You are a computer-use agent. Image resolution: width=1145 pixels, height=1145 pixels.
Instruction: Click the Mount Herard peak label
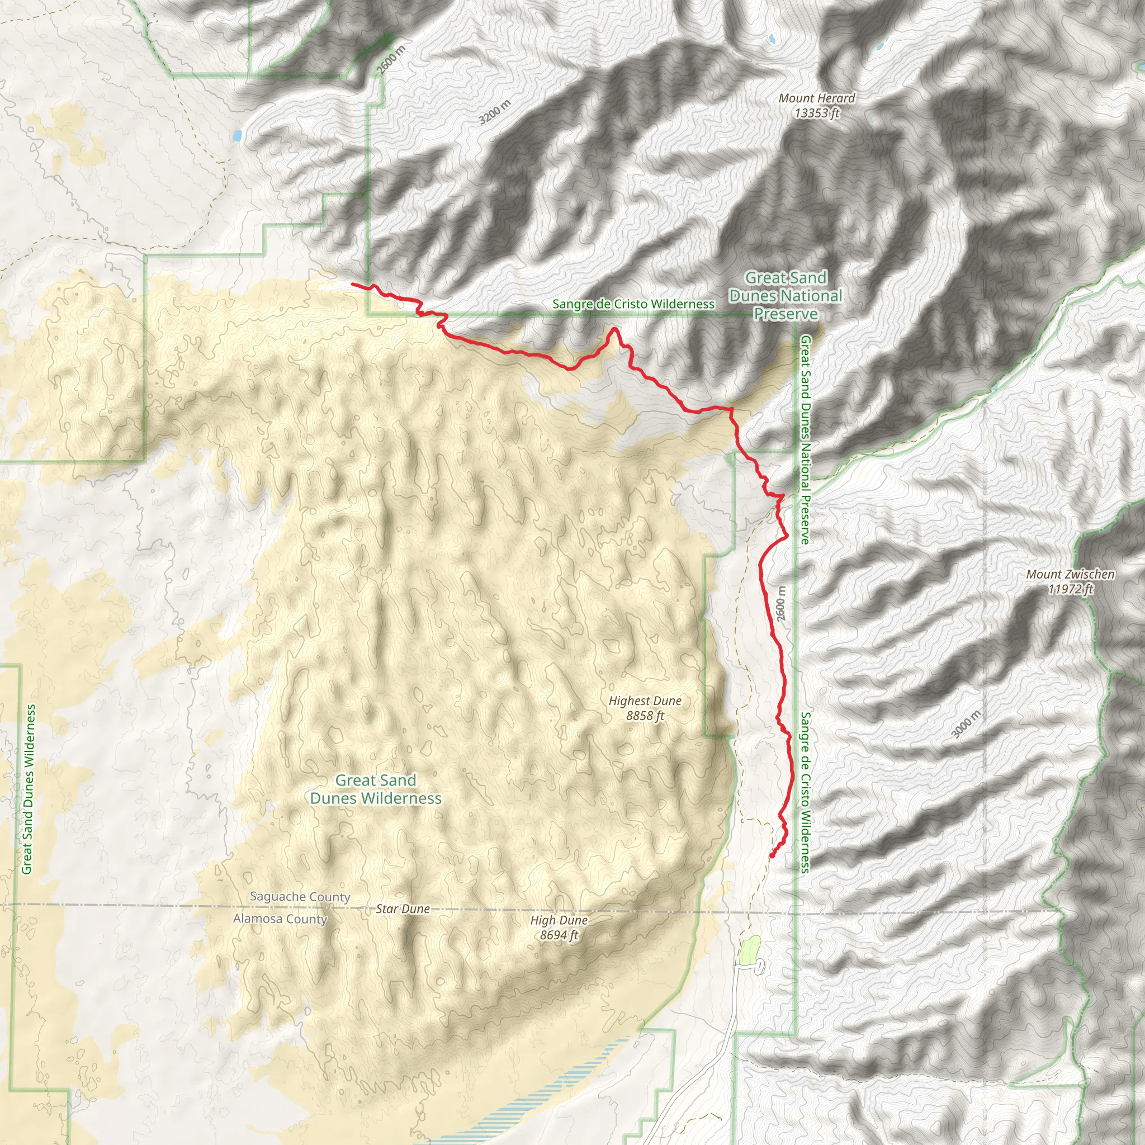(x=817, y=106)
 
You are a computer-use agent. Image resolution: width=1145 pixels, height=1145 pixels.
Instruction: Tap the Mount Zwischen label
(x=1070, y=581)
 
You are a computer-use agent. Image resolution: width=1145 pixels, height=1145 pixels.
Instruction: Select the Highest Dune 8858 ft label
(x=645, y=708)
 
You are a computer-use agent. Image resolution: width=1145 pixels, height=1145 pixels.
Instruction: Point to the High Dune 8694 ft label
(x=559, y=928)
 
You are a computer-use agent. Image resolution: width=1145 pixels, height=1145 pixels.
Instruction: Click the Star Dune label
(x=403, y=909)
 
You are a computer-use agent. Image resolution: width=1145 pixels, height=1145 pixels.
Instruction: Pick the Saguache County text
(x=300, y=897)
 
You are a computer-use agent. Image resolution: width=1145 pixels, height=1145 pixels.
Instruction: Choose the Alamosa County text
(x=280, y=919)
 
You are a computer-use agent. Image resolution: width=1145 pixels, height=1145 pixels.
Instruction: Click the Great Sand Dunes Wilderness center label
(x=376, y=789)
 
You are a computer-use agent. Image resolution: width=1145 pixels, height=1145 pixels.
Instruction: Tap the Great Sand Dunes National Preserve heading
(x=786, y=295)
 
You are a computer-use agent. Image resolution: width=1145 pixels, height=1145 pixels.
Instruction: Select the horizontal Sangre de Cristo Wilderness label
(x=633, y=304)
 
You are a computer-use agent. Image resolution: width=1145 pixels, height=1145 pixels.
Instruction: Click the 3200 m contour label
(x=494, y=112)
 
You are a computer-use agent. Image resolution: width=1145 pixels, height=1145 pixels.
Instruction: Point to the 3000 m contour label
(x=966, y=724)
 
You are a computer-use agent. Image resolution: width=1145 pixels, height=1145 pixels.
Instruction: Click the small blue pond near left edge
(x=237, y=136)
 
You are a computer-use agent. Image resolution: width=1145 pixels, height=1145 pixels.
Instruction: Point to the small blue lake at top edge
(x=772, y=40)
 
